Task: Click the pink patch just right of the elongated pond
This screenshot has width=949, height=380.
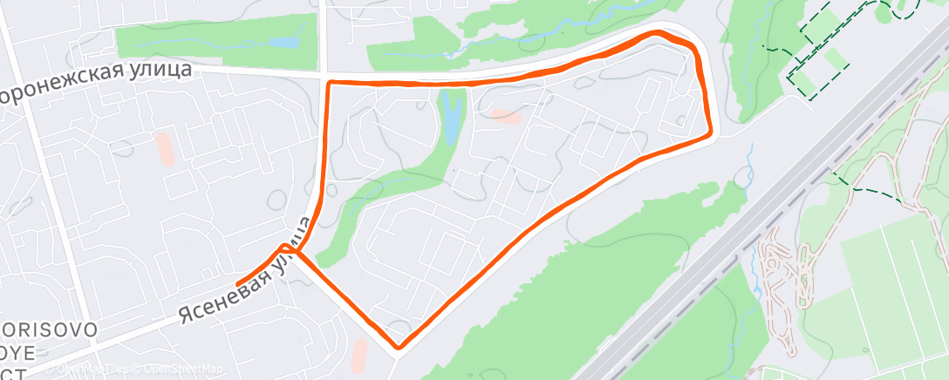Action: tap(506, 115)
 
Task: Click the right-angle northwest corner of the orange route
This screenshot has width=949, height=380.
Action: tap(329, 83)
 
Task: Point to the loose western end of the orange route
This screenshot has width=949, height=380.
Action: tap(239, 282)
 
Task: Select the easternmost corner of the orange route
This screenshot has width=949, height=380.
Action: tap(711, 133)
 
